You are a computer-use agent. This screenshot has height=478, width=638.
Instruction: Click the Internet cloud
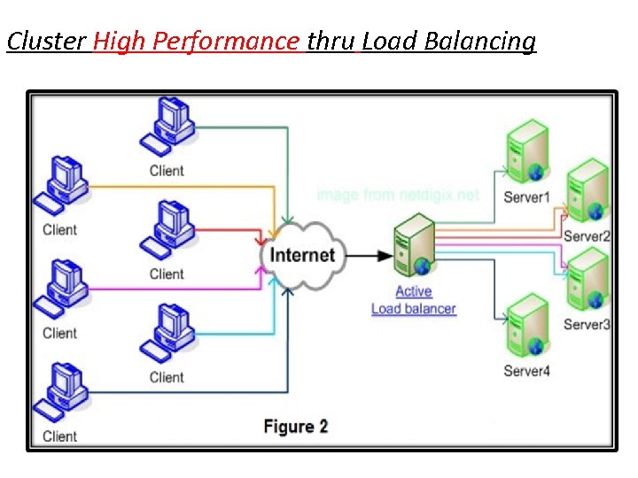(303, 255)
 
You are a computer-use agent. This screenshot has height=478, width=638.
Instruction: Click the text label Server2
(587, 236)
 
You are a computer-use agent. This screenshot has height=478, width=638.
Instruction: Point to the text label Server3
(587, 324)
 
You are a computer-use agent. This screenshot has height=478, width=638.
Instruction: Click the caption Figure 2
(296, 426)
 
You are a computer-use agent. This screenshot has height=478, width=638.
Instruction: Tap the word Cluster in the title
(47, 42)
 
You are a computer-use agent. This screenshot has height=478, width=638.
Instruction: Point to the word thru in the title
(331, 42)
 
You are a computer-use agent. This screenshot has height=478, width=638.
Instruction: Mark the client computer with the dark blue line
(59, 392)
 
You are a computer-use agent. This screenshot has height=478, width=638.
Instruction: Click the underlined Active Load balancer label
(413, 300)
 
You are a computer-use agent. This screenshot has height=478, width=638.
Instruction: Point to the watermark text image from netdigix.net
(397, 195)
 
